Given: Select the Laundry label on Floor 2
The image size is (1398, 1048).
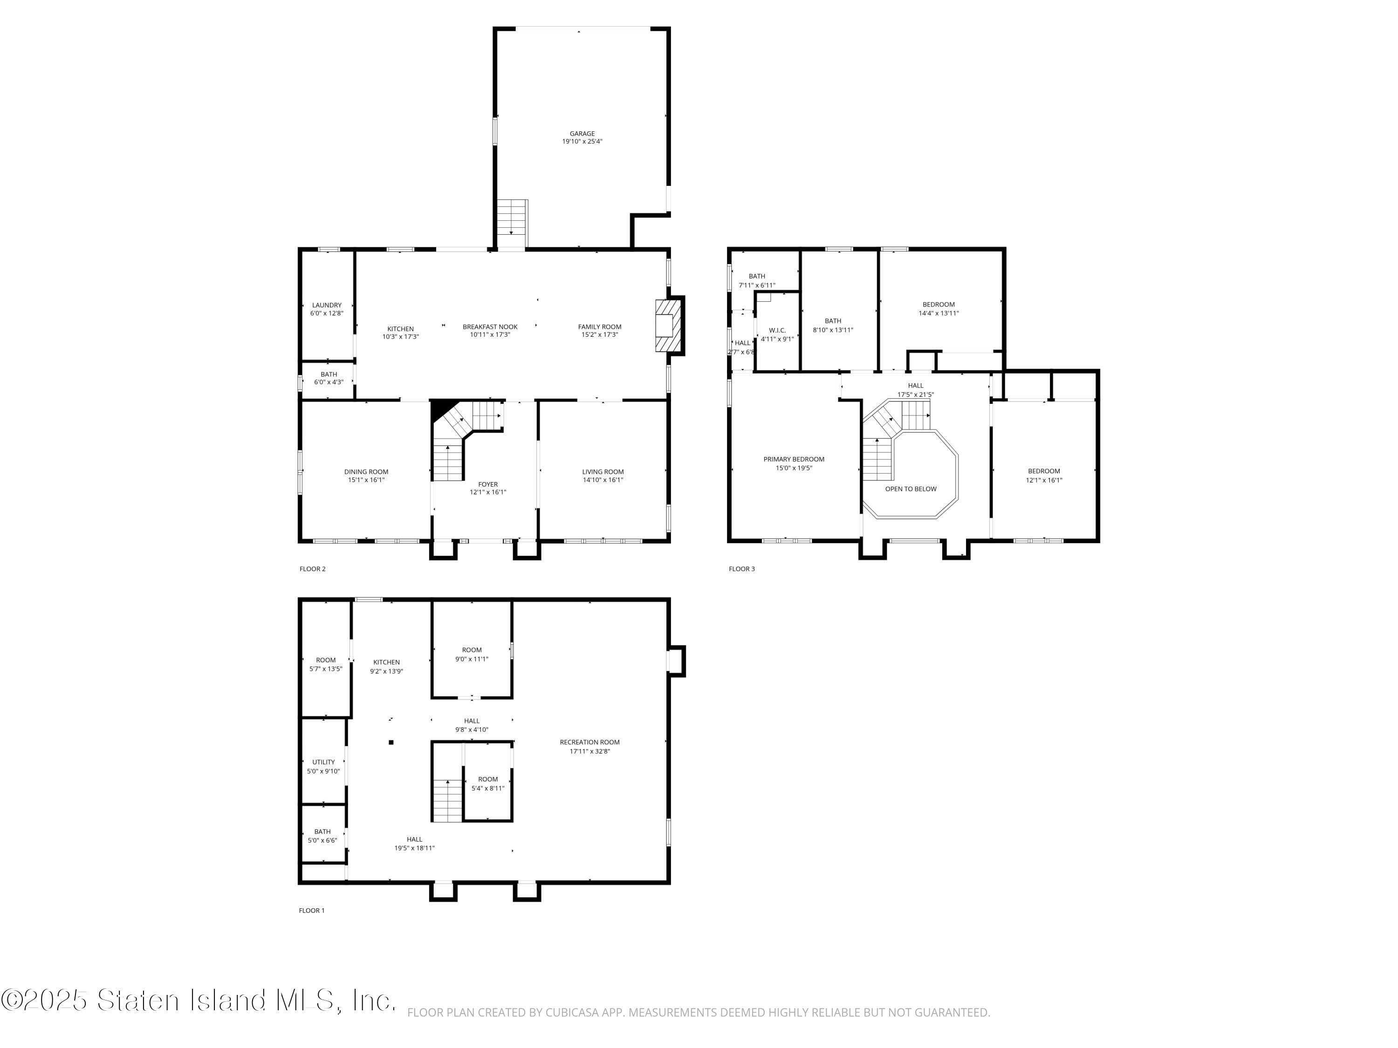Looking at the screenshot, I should tap(327, 305).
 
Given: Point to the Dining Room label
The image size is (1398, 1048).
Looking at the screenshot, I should tap(366, 472).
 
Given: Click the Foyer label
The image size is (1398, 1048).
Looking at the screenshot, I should tap(487, 484).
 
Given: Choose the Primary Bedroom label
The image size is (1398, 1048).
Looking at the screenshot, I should tap(794, 459).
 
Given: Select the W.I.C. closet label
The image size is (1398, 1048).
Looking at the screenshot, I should tap(777, 330).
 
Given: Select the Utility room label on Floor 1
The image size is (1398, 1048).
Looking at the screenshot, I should tap(323, 762).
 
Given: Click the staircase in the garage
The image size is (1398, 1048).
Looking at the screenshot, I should tap(511, 217).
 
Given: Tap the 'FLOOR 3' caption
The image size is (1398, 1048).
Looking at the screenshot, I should tap(741, 569).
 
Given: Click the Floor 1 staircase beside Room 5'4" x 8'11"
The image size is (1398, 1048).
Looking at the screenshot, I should tap(447, 800).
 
